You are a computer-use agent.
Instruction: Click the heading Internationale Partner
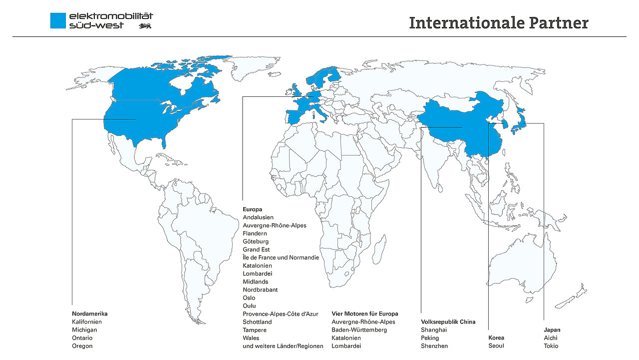498,23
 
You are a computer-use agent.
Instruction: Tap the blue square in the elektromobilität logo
58,20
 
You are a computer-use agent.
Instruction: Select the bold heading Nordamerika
90,314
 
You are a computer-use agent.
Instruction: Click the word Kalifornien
87,322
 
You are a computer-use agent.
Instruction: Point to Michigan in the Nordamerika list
84,330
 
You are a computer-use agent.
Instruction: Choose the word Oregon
82,346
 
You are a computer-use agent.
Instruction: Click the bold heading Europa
253,210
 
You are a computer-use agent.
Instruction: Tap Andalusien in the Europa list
258,218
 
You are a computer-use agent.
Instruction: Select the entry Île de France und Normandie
281,258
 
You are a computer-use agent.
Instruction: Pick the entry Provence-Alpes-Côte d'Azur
280,314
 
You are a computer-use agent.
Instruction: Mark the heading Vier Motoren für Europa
365,314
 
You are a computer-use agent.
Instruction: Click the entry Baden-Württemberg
359,330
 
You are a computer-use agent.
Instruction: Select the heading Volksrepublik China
448,322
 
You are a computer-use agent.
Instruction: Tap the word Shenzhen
434,346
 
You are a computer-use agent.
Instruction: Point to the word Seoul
496,346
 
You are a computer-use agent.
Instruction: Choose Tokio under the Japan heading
551,346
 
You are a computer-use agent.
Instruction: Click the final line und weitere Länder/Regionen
283,346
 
